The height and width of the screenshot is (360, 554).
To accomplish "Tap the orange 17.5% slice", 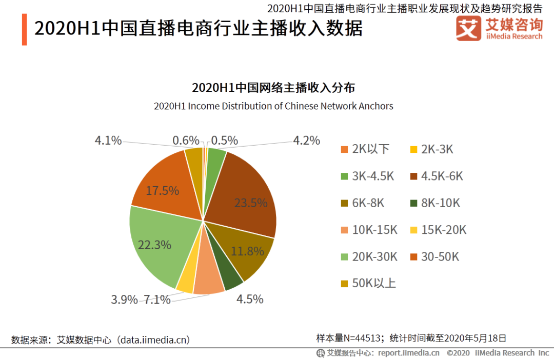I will [x=164, y=187].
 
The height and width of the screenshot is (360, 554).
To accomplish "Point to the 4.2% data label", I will [x=306, y=141].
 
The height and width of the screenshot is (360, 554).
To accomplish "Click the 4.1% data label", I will [x=108, y=141].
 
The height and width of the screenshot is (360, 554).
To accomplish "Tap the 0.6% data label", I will [x=186, y=141].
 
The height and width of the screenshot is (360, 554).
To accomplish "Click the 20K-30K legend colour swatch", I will [x=345, y=257].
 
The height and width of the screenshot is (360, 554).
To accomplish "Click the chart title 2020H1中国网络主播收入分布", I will [x=273, y=88].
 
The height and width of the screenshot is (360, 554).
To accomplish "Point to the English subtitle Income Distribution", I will [x=273, y=106].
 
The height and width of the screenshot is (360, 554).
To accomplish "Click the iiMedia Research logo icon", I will [x=468, y=28].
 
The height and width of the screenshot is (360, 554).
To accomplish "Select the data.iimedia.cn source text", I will [x=154, y=339].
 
